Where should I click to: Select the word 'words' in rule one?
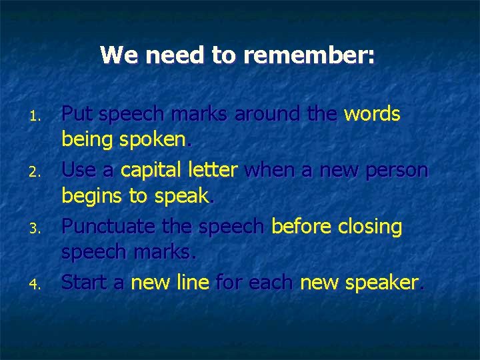(x=372, y=115)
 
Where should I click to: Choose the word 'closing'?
(x=370, y=227)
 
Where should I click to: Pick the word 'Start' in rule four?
(x=83, y=283)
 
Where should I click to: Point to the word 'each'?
(x=271, y=283)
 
